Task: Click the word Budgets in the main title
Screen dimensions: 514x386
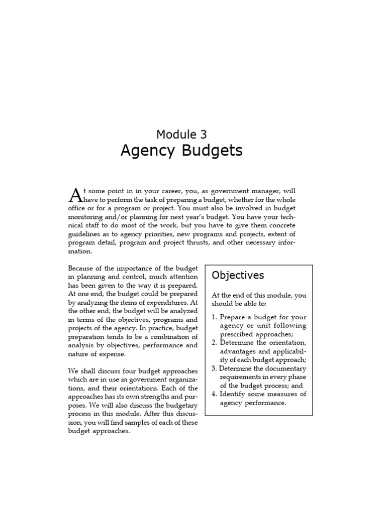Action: pyautogui.click(x=211, y=151)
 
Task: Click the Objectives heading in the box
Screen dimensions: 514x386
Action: pyautogui.click(x=238, y=275)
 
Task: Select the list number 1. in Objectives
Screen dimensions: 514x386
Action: pyautogui.click(x=215, y=317)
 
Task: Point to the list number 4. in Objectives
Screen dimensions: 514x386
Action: pyautogui.click(x=215, y=394)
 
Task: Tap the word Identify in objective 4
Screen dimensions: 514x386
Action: pyautogui.click(x=234, y=394)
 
